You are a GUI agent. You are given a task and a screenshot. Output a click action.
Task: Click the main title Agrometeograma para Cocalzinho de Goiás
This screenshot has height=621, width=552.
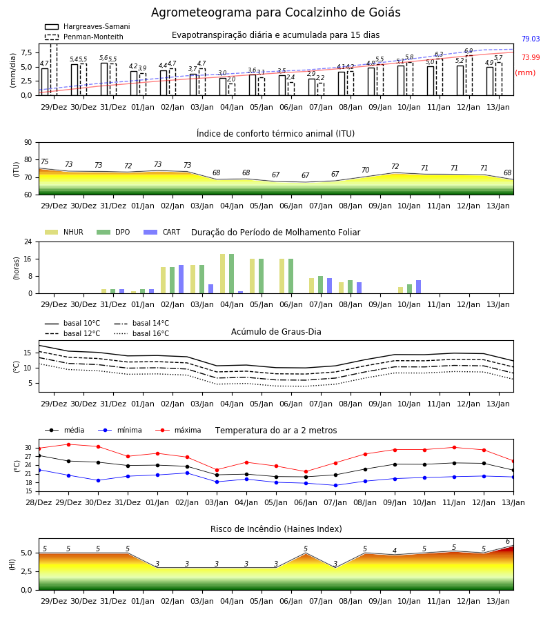tap(275, 12)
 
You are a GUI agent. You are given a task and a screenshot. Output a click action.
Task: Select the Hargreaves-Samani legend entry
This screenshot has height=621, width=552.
tap(87, 26)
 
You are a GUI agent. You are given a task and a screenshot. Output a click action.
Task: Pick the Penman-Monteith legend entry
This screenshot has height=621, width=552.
tap(84, 37)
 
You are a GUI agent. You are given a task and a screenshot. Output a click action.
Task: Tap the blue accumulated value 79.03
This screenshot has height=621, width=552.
tap(531, 39)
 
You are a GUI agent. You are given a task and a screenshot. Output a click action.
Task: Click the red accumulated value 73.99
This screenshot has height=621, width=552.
tap(531, 57)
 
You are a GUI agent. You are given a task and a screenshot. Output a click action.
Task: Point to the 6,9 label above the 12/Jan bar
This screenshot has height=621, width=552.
tap(469, 50)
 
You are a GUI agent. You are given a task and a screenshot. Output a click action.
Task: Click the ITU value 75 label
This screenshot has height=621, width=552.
tap(44, 161)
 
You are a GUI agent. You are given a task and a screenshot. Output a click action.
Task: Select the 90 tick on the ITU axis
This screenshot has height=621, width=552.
tap(28, 143)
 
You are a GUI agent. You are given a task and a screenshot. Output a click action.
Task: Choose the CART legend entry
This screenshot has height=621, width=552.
tap(161, 232)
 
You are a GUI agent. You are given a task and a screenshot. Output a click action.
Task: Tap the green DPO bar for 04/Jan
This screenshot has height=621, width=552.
tap(232, 274)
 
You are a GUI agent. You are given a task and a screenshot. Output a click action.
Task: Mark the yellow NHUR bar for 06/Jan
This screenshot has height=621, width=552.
tap(282, 276)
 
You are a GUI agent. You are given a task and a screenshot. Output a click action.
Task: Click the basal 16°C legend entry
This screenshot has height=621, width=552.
tap(141, 333)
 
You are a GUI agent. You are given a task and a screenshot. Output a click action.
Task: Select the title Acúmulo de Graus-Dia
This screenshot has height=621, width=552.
tap(276, 332)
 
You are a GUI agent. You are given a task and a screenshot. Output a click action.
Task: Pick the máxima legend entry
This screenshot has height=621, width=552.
tap(179, 430)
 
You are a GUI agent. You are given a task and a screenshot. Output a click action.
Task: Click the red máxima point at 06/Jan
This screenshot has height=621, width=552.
tap(306, 472)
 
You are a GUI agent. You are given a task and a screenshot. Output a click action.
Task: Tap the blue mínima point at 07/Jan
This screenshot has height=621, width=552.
tap(336, 486)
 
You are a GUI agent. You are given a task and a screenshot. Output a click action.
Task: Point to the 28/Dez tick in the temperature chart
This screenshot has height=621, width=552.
tap(39, 502)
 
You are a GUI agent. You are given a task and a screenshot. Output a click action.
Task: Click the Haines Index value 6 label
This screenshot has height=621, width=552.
tap(508, 542)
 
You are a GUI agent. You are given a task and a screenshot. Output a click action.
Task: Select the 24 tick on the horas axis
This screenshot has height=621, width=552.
tap(28, 241)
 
